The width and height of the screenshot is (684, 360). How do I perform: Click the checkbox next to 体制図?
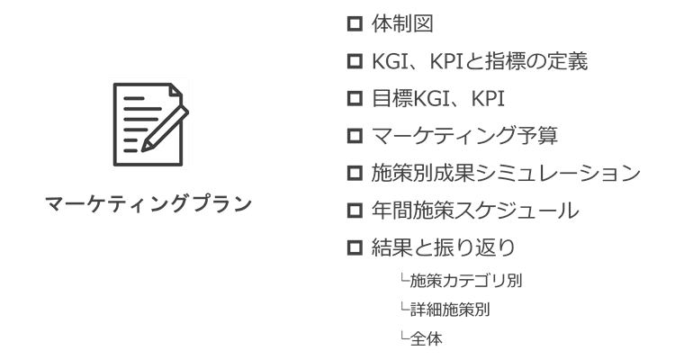coord(355,23)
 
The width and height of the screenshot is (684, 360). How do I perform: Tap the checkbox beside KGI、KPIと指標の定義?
coord(355,61)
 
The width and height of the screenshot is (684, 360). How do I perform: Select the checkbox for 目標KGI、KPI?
coord(355,98)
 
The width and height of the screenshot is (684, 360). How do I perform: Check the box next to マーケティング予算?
coord(355,136)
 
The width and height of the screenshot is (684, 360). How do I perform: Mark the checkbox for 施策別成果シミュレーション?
coord(355,173)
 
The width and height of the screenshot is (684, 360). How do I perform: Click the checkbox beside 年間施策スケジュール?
coord(355,211)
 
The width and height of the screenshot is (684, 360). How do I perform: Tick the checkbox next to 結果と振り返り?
coord(355,247)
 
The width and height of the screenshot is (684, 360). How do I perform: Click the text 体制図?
coord(402,23)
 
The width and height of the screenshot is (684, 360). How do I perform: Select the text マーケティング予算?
coord(464,136)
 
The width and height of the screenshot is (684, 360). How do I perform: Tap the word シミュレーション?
coord(558,173)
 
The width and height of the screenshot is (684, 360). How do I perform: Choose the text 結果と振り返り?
coord(444,247)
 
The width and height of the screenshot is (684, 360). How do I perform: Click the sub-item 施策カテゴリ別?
coord(466,281)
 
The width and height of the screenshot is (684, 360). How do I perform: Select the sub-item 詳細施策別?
coord(450,310)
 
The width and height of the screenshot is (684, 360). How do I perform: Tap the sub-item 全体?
coord(427,338)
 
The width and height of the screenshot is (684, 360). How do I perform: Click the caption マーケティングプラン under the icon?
coord(148,203)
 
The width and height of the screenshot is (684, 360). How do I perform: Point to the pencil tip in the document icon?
coord(143,149)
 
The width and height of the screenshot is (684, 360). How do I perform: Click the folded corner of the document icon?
coord(175,90)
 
